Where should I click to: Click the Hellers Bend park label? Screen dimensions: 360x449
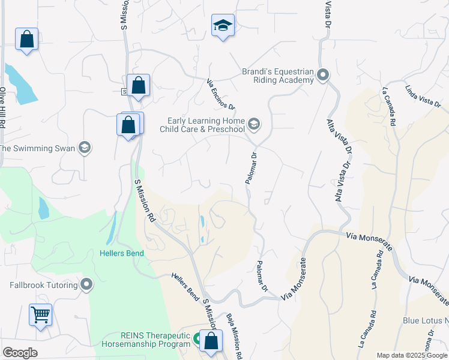point(121,253)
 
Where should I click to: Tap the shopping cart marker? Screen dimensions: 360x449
point(40,314)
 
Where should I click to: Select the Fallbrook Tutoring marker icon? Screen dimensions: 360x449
point(88,285)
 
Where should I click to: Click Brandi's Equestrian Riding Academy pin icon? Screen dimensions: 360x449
point(323,76)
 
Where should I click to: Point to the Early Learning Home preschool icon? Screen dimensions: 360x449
point(254,124)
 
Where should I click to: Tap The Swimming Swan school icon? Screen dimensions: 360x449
point(85,148)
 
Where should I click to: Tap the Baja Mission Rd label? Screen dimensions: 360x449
point(234,336)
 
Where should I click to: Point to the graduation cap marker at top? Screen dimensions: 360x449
point(223,25)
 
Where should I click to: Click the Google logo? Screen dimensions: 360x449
point(20,353)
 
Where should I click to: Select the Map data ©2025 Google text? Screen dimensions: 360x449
point(412,355)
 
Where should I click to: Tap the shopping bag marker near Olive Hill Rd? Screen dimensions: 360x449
point(26,40)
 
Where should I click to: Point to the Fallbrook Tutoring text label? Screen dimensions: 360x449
point(44,285)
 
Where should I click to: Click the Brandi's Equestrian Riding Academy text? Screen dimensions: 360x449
point(278,76)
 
